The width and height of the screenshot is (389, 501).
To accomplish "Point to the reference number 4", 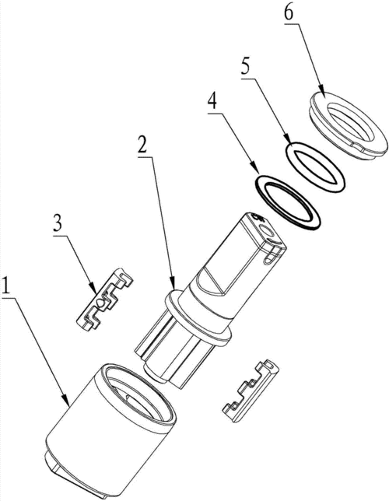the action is point(212,102).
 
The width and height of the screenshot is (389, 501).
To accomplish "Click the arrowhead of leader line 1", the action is point(67,401).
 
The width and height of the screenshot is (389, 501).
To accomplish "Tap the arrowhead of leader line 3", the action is point(94,288).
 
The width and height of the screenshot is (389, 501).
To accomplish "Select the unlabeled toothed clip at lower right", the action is point(250,391).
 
